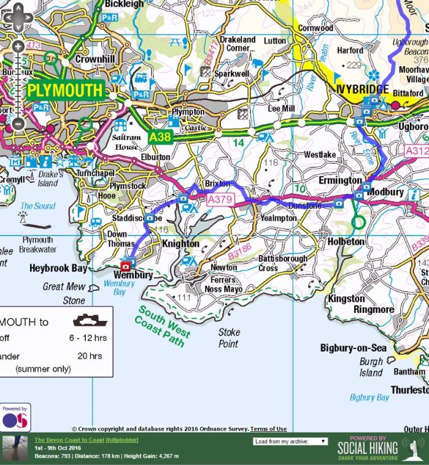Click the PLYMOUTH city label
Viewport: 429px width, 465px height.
click(65, 91)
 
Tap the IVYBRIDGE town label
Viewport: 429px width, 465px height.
click(362, 90)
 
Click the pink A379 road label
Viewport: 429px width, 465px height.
click(221, 200)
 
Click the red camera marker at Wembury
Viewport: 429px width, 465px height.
click(126, 266)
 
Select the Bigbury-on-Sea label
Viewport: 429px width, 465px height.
click(353, 348)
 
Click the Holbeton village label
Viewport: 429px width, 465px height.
click(346, 242)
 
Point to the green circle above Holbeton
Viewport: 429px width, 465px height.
click(359, 221)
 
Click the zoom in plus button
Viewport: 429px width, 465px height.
click(18, 47)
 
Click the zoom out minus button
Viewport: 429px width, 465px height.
click(18, 123)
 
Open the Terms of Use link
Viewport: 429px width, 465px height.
click(268, 429)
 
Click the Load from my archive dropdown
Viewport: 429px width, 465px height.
click(290, 441)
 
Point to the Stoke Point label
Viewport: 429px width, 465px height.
click(229, 338)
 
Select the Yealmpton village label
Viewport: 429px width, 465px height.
click(279, 217)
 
